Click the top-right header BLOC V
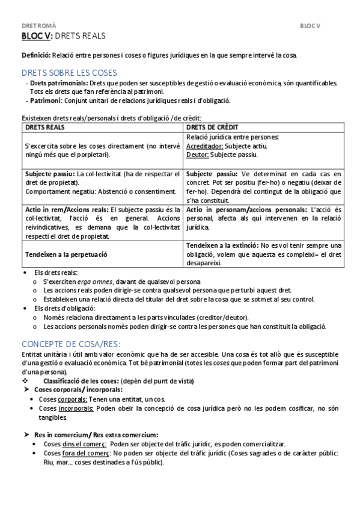pos(311,26)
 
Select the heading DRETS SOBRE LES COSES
pos(70,72)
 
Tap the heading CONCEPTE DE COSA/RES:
pos(71,344)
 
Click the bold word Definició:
pos(37,55)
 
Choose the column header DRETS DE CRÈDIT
pos(213,127)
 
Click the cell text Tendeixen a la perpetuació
pos(67,254)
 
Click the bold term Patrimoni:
pos(47,100)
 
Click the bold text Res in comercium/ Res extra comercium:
pos(96,435)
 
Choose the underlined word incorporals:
pos(76,408)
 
